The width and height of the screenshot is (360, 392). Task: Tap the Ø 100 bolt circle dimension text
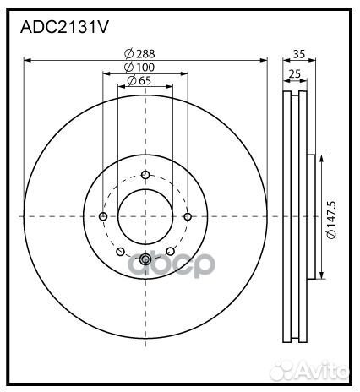139,67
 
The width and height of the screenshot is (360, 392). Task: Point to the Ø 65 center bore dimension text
139,80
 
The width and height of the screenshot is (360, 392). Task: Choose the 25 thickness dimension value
293,74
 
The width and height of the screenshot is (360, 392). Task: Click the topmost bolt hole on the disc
145,175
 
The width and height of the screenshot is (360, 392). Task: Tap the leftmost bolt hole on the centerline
103,216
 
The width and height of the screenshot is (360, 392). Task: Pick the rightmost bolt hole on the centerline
188,216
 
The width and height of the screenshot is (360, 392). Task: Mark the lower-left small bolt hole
121,251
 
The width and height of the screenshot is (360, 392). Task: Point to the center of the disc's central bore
145,216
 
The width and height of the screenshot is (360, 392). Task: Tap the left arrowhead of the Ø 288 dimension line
27,60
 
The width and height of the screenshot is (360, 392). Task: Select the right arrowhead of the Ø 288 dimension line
264,60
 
